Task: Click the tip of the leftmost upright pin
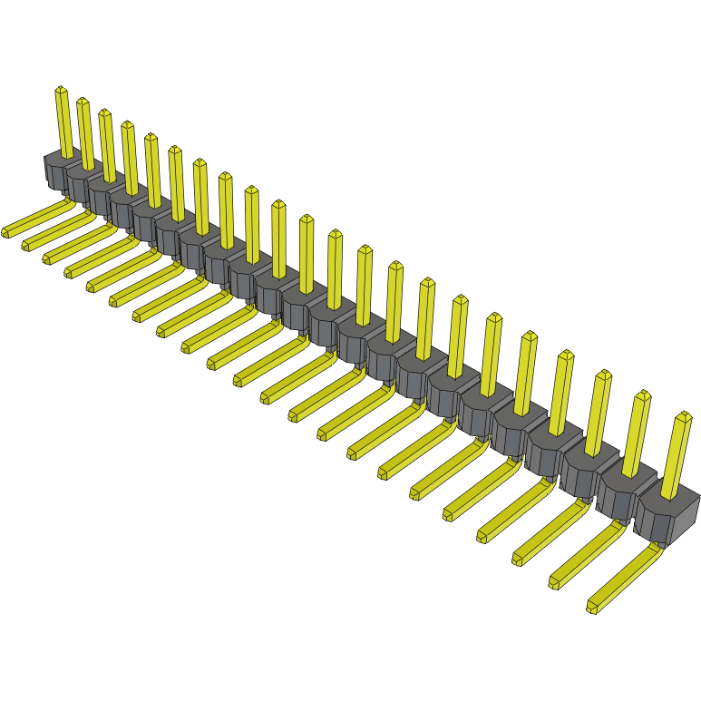(61, 90)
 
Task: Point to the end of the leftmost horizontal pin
(6, 231)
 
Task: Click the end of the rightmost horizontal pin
(593, 605)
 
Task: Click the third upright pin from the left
(108, 145)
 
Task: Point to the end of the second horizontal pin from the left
(27, 244)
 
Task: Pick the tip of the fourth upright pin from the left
(127, 125)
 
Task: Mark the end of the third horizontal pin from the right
(517, 557)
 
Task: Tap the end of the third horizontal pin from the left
(48, 258)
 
